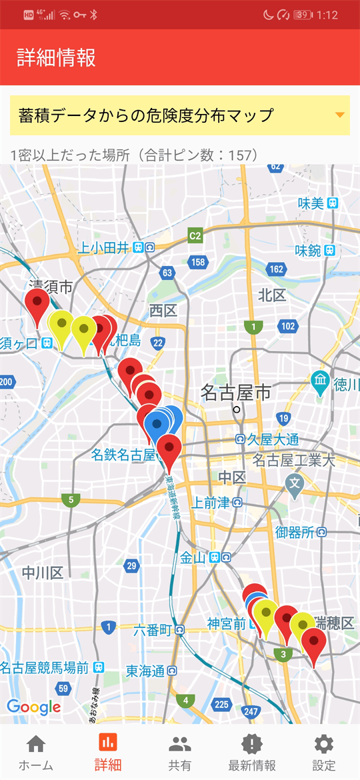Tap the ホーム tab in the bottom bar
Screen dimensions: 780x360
35,753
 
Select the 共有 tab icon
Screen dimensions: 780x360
180,753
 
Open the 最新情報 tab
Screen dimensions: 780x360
251,753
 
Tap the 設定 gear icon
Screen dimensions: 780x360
324,753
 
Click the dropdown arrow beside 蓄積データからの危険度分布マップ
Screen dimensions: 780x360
340,115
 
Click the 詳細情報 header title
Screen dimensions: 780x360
57,57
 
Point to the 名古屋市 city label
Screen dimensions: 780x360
236,393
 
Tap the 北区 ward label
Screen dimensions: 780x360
272,295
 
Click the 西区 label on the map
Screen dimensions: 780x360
163,310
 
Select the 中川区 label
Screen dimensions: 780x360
42,573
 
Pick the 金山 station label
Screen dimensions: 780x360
193,557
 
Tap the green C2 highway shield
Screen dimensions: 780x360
195,235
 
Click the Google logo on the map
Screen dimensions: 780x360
33,707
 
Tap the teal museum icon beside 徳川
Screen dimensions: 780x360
321,381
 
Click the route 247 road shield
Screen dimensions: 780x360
251,712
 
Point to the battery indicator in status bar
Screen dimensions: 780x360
303,15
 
